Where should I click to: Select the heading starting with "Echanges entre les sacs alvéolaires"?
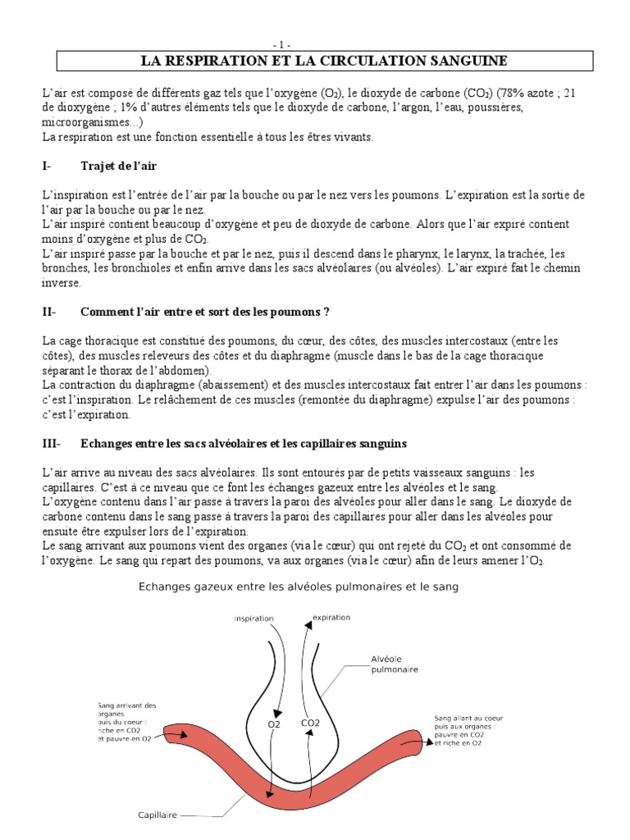click(244, 444)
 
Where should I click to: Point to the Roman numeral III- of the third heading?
click(51, 444)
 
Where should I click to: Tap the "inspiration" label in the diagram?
click(253, 618)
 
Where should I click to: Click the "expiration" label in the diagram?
click(331, 617)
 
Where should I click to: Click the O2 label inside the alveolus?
click(275, 724)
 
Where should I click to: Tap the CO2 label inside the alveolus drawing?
click(310, 724)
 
